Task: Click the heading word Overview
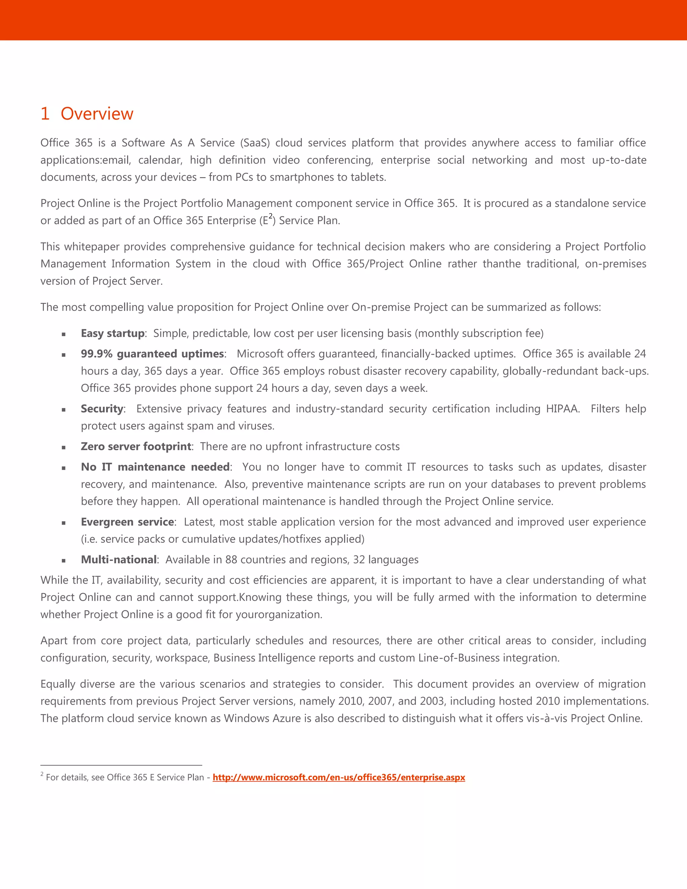pyautogui.click(x=97, y=114)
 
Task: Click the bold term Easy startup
pyautogui.click(x=112, y=333)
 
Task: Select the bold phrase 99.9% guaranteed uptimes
pyautogui.click(x=152, y=354)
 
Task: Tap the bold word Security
pyautogui.click(x=102, y=409)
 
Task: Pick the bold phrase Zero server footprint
pyautogui.click(x=136, y=447)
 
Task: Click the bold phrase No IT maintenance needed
pyautogui.click(x=155, y=467)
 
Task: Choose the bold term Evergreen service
pyautogui.click(x=127, y=522)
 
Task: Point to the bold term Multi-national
pyautogui.click(x=118, y=560)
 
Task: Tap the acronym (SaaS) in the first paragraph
pyautogui.click(x=255, y=143)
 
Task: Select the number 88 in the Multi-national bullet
pyautogui.click(x=231, y=560)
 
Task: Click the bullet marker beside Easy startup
pyautogui.click(x=63, y=334)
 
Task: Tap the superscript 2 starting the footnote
pyautogui.click(x=42, y=774)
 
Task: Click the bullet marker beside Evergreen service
pyautogui.click(x=63, y=523)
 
